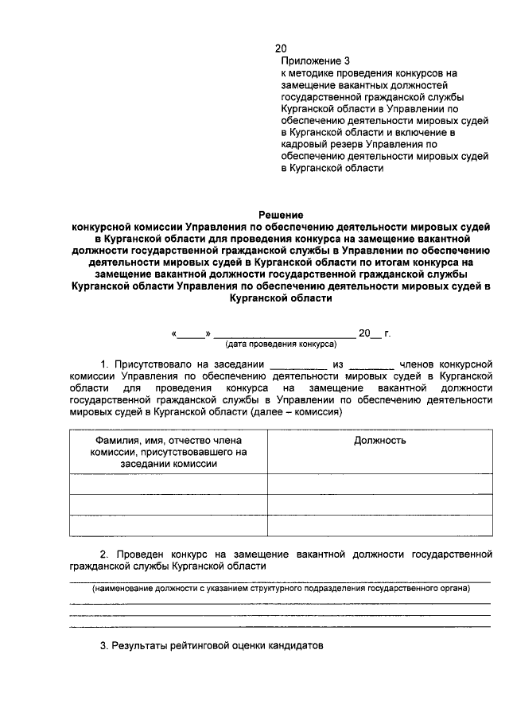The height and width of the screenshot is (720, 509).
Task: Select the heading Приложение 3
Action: point(315,60)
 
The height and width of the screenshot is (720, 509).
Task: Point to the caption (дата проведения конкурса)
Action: point(281,345)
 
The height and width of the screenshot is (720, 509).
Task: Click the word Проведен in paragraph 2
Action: point(138,553)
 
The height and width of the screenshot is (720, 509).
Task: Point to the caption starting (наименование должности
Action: point(281,589)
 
